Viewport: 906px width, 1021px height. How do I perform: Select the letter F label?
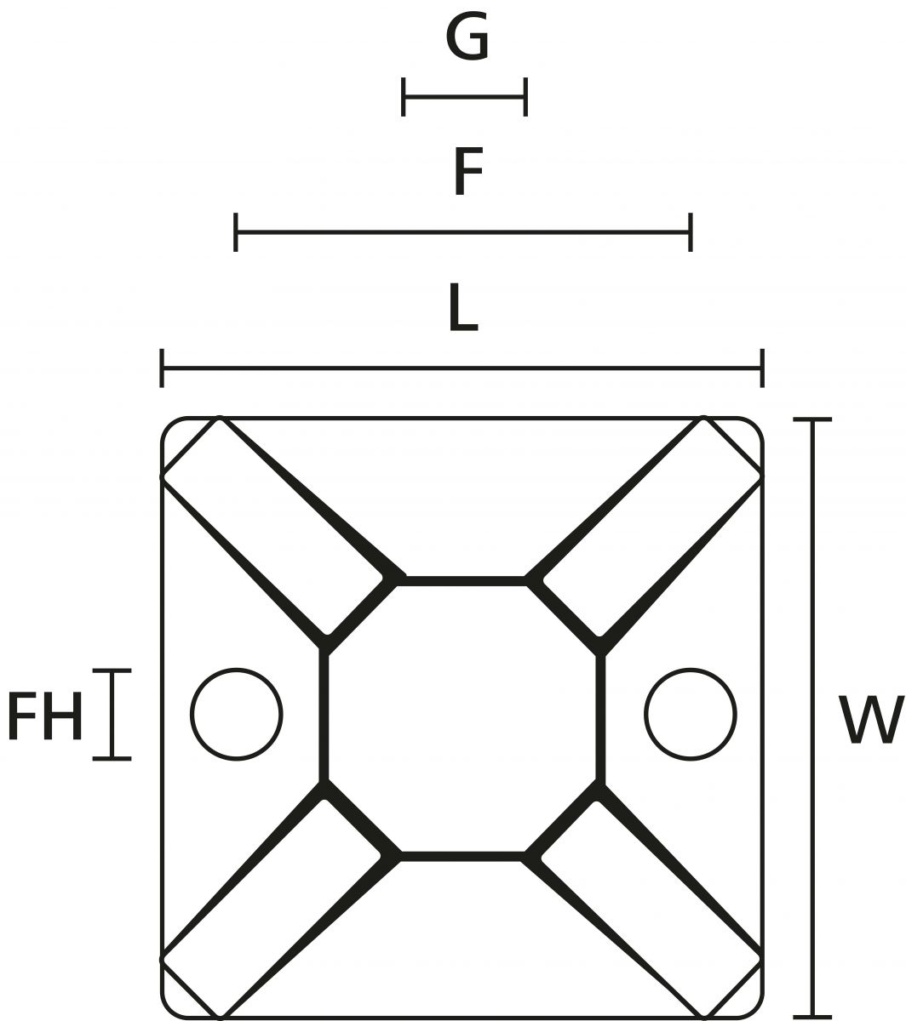467,171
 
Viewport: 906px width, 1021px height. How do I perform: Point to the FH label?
44,717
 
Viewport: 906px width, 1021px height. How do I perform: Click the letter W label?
870,720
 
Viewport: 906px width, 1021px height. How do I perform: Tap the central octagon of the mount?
462,716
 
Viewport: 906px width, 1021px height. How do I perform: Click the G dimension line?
465,97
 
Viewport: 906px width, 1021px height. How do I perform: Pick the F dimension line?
463,231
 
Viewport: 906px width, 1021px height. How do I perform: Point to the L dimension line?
462,368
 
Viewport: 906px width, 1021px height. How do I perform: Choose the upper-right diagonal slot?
651,528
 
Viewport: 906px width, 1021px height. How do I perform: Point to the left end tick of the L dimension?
162,368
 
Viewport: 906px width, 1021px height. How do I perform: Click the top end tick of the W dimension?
812,419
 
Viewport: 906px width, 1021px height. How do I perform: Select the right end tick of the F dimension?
690,231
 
